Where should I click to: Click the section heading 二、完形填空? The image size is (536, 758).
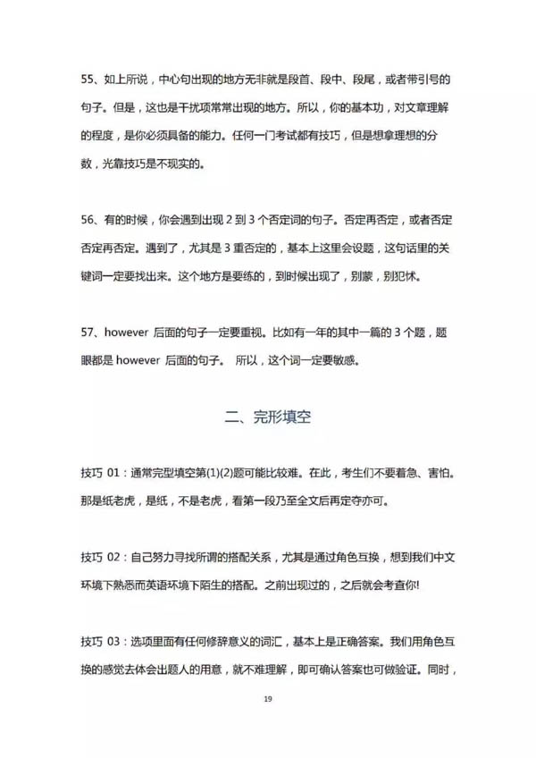click(267, 416)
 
